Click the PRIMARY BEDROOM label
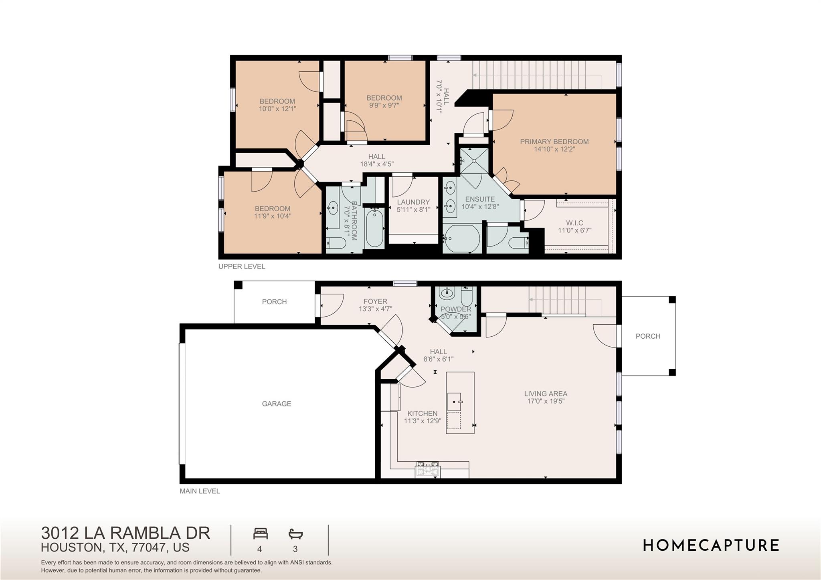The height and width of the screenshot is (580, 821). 554,141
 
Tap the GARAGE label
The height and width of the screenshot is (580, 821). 276,404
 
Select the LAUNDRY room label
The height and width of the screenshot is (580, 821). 413,202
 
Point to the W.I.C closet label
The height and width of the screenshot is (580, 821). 574,223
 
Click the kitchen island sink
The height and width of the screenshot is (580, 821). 455,401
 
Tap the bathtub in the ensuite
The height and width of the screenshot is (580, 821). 462,239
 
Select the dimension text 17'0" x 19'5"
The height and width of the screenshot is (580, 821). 546,401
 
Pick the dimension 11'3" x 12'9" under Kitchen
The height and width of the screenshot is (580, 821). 423,421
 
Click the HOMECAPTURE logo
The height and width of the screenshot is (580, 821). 711,546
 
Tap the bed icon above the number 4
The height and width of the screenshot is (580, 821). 260,534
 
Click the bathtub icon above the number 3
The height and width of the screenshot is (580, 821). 295,534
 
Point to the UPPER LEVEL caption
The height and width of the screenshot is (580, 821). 241,267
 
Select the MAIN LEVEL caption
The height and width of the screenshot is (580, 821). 200,491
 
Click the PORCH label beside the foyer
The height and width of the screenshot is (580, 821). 274,302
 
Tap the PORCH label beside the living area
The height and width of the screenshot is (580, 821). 648,336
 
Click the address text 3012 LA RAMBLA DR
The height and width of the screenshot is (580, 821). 125,533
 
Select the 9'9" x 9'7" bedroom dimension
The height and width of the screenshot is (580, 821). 384,105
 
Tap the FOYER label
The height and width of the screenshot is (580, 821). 375,301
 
